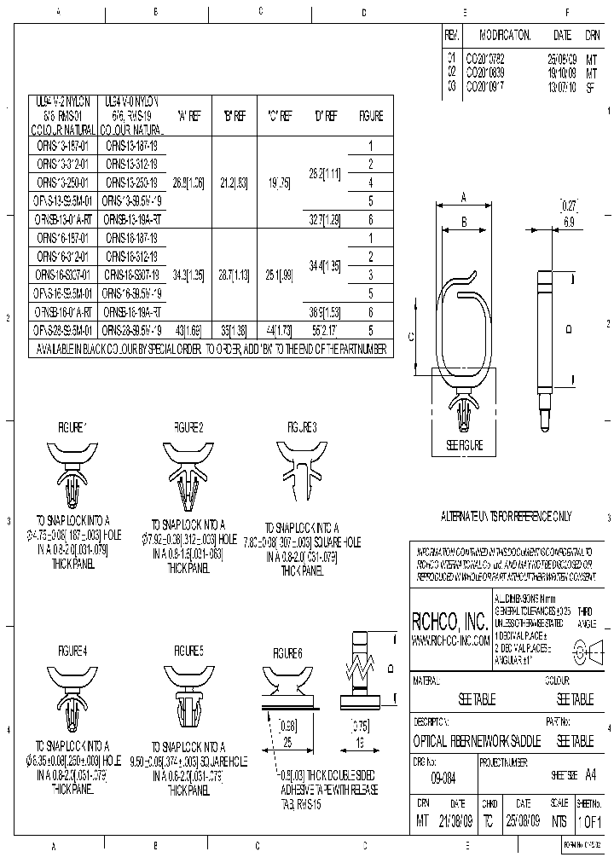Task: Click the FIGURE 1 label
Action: [x=72, y=426]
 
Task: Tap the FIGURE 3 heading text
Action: [x=302, y=426]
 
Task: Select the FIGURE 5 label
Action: [x=188, y=651]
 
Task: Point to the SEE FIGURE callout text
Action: [x=465, y=445]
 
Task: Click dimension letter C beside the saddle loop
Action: [x=411, y=337]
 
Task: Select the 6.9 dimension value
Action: [x=569, y=221]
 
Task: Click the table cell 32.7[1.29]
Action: [x=324, y=219]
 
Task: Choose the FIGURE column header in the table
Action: [x=371, y=116]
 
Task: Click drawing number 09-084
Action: [x=443, y=779]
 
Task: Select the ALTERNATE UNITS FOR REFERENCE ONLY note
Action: [x=506, y=516]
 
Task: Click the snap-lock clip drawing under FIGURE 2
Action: [x=188, y=478]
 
